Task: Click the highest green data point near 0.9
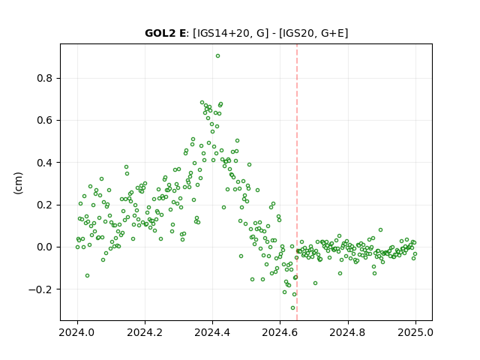tap(217, 56)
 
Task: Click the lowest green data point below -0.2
tap(293, 308)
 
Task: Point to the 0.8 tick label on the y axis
tap(45, 78)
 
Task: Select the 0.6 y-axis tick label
tap(45, 121)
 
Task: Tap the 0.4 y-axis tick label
tap(45, 163)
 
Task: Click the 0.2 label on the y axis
tap(45, 205)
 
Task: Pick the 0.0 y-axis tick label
tap(45, 247)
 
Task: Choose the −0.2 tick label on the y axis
tap(40, 289)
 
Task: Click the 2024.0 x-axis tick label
tap(77, 332)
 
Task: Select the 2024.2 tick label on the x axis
tap(145, 332)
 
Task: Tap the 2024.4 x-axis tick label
tap(212, 332)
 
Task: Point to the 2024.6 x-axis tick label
tap(280, 332)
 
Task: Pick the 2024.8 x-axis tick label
tap(348, 332)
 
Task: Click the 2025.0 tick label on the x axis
tap(415, 332)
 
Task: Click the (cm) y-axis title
tap(18, 183)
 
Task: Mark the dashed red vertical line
tap(297, 182)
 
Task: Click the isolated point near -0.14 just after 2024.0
tap(87, 276)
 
